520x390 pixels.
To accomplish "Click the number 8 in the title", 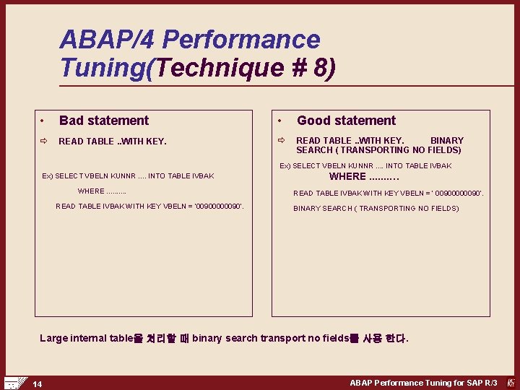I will [317, 67].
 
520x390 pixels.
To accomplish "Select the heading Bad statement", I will [103, 121].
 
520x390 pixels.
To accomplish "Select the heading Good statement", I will [346, 121].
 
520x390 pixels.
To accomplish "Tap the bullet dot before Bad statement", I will [43, 121].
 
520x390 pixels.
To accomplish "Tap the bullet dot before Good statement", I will [280, 121].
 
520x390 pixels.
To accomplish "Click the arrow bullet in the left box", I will [43, 142].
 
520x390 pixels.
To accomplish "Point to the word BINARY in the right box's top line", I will [447, 140].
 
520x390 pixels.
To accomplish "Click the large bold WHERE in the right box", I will [347, 176].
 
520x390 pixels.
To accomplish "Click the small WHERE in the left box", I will [91, 191].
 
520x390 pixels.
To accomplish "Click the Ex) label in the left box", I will [48, 176].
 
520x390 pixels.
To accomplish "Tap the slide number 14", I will [37, 383].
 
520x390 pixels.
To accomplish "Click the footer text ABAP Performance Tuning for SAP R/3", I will [423, 383].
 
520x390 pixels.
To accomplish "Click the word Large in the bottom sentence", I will [55, 338].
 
